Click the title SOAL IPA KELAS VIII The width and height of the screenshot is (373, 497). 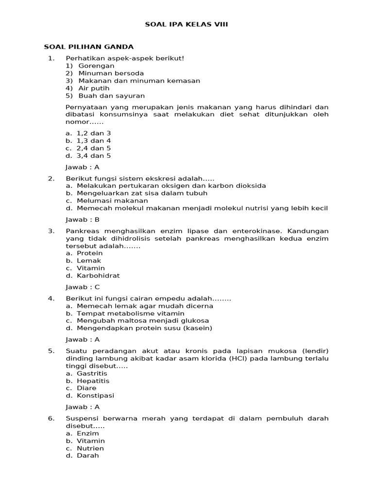click(x=186, y=24)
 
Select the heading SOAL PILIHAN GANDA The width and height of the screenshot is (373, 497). click(x=88, y=47)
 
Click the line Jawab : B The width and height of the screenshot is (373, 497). click(x=83, y=219)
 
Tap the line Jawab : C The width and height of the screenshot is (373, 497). click(x=83, y=287)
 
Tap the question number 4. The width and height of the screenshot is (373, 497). click(x=51, y=298)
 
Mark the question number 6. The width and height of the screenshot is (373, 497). click(x=51, y=418)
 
